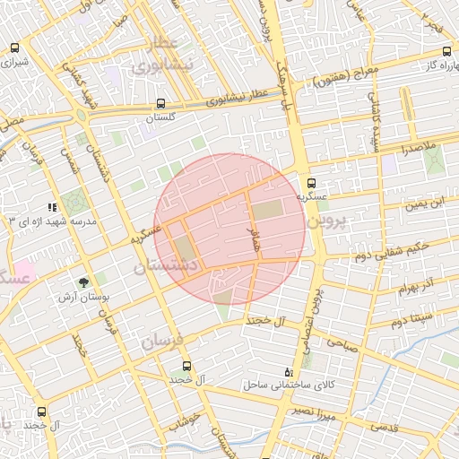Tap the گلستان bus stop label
[161, 117]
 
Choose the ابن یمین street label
[422, 204]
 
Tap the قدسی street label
[384, 428]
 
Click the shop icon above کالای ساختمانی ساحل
[288, 371]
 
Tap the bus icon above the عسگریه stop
[311, 180]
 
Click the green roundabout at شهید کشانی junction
[82, 115]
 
